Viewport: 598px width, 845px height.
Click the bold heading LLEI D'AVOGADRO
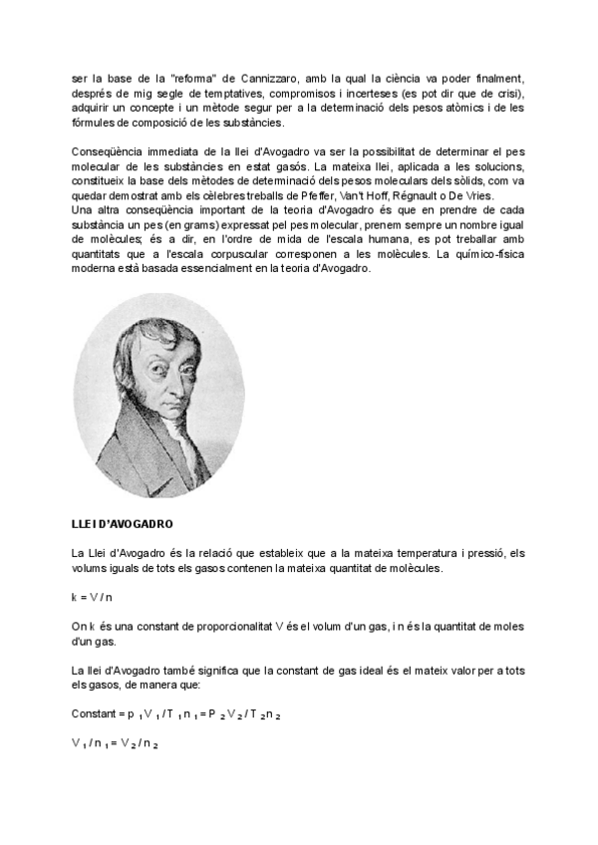(124, 523)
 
